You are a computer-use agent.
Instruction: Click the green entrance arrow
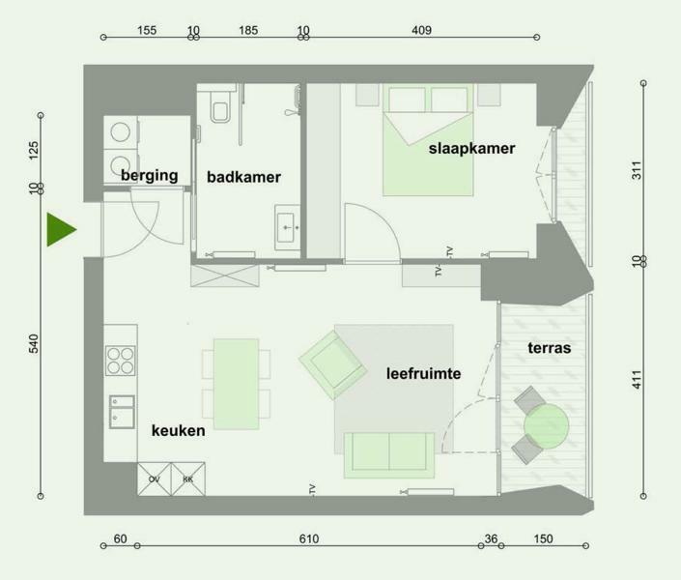coord(62,229)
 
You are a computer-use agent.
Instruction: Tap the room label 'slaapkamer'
coord(471,148)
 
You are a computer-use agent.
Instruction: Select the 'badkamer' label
coord(243,177)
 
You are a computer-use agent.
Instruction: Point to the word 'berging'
coord(150,175)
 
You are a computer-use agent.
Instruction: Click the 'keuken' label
coord(178,430)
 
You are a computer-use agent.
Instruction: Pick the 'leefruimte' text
coord(423,373)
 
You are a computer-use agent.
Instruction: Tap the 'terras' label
coord(550,348)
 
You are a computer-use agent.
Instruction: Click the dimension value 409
coord(421,30)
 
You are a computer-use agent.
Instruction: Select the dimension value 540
coord(34,343)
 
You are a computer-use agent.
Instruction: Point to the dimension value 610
coord(309,538)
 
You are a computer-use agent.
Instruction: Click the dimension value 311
coord(637,170)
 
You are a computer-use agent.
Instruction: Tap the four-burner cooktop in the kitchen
coord(121,361)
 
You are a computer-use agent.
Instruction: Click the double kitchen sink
coord(122,412)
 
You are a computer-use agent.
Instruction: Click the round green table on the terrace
coord(546,426)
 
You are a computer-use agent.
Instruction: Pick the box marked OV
coord(155,479)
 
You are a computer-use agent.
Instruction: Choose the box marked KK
coord(188,479)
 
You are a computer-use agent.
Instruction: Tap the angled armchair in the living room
coord(332,364)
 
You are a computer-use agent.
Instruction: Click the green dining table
coord(237,384)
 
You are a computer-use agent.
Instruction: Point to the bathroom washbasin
coord(288,227)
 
